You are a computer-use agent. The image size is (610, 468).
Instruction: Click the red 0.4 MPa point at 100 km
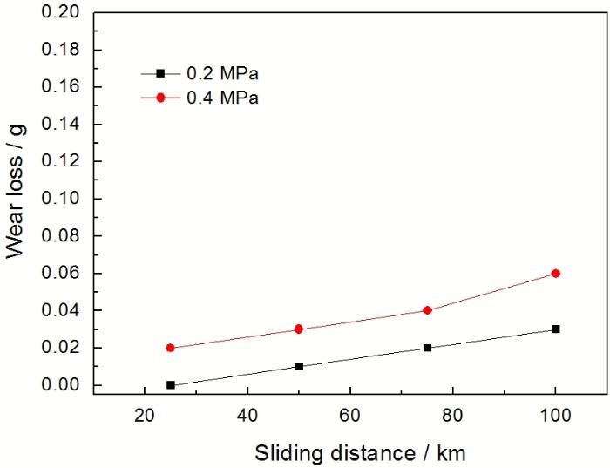pyautogui.click(x=555, y=274)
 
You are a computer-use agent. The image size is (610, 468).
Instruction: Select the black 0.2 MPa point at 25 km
pyautogui.click(x=171, y=384)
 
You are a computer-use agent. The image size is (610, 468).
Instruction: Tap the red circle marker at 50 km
pyautogui.click(x=299, y=329)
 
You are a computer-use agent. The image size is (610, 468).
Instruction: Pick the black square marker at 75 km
pyautogui.click(x=427, y=348)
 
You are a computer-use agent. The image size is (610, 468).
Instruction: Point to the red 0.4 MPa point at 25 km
pyautogui.click(x=171, y=348)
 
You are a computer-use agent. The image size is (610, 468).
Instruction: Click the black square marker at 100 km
pyautogui.click(x=555, y=329)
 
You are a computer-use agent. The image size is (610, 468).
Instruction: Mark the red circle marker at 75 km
pyautogui.click(x=427, y=310)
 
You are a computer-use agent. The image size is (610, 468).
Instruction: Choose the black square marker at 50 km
pyautogui.click(x=299, y=366)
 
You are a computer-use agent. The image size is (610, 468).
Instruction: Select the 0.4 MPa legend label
pyautogui.click(x=222, y=98)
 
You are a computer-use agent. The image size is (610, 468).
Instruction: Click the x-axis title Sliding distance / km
pyautogui.click(x=349, y=452)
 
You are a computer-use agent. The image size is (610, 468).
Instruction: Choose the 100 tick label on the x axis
pyautogui.click(x=555, y=416)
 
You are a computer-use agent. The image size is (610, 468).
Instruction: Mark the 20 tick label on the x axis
pyautogui.click(x=145, y=416)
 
